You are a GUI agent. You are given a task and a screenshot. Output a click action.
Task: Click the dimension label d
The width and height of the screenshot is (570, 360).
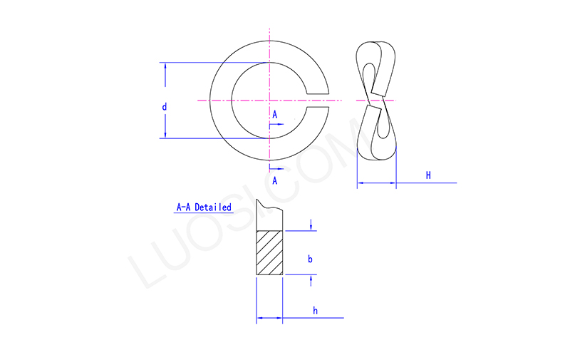coord(165,107)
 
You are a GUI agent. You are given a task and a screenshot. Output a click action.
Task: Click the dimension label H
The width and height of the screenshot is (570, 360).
coord(428,175)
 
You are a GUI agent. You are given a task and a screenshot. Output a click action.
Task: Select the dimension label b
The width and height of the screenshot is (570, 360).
coord(310,259)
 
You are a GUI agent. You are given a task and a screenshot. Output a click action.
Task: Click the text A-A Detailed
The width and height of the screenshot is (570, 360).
coord(204,207)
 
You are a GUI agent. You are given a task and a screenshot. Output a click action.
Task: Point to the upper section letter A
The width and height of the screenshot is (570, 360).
coord(274,114)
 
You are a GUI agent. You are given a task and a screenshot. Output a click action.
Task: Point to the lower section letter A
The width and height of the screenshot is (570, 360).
coord(274,180)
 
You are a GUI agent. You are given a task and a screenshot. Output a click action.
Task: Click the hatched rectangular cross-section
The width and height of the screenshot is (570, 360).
coord(270,252)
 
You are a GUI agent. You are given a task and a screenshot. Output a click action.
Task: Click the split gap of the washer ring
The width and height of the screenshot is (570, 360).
coord(319,101)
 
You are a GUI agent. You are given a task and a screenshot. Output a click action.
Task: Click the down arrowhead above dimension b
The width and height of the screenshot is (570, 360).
coord(311,227)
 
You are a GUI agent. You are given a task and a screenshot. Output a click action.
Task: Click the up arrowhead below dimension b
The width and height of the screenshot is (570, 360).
coord(311,279)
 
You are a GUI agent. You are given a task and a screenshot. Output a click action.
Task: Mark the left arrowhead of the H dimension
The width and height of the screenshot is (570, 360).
coord(361,183)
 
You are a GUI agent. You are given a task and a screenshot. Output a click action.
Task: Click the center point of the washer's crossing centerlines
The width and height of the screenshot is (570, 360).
coord(270,101)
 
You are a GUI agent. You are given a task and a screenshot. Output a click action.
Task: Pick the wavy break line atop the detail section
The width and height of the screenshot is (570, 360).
coord(270,208)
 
